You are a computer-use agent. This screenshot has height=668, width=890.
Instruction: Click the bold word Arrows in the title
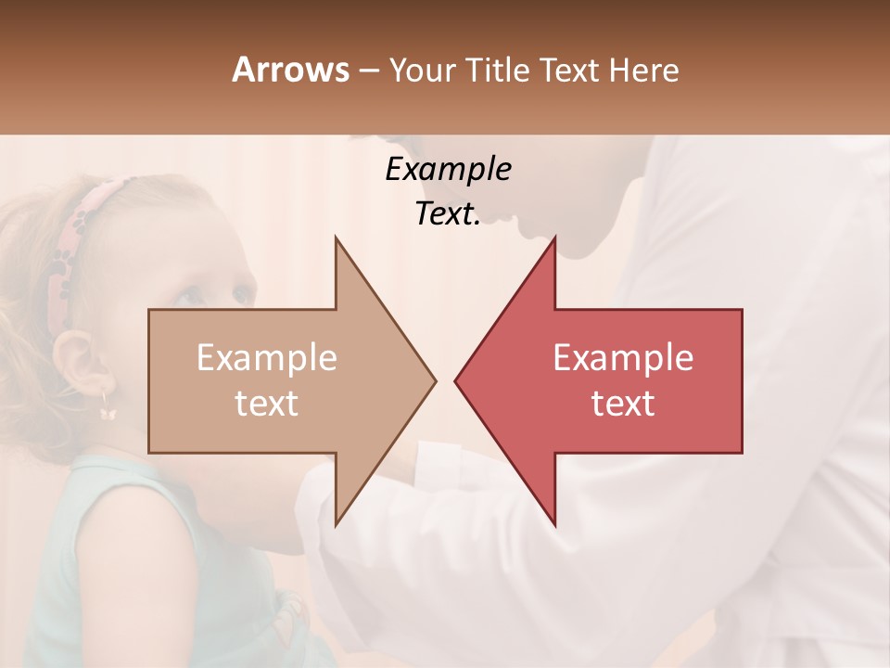[x=290, y=70]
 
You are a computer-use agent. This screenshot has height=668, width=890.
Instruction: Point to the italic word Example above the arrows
[x=448, y=169]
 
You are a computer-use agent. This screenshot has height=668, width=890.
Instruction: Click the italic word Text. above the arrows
[x=448, y=213]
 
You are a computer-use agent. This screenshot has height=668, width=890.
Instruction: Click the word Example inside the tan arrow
[x=267, y=358]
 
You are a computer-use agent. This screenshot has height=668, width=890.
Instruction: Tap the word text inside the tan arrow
[x=267, y=404]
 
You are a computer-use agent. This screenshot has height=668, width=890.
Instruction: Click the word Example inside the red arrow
[x=623, y=358]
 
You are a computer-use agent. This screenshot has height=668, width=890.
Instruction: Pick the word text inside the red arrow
[x=623, y=404]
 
